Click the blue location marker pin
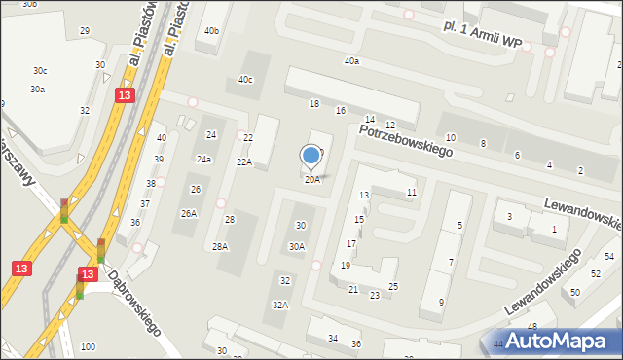click(x=311, y=156)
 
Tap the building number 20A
click(x=311, y=179)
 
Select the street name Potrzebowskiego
click(x=406, y=141)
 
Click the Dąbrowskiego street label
click(x=133, y=303)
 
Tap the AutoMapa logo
click(x=559, y=341)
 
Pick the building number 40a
click(x=351, y=61)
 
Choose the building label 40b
click(x=211, y=31)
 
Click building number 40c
click(x=245, y=80)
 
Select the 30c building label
click(x=39, y=70)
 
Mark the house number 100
click(x=88, y=347)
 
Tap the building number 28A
click(x=221, y=246)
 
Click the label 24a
click(x=203, y=159)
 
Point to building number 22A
click(x=243, y=162)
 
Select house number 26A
click(x=189, y=213)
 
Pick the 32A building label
click(x=279, y=305)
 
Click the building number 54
click(x=609, y=256)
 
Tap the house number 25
click(x=393, y=286)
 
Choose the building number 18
click(x=313, y=103)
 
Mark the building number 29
click(x=85, y=32)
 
